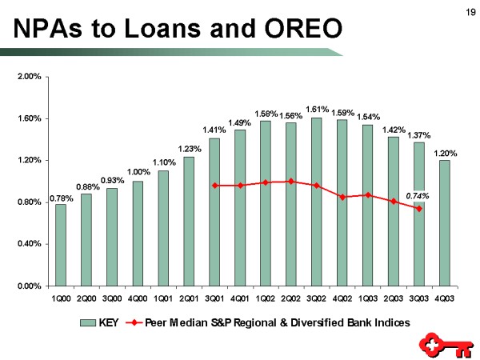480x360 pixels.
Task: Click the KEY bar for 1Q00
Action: click(x=61, y=245)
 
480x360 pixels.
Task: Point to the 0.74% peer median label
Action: click(x=418, y=194)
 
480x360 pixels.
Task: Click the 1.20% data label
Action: click(x=446, y=152)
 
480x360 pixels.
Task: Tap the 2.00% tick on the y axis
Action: click(x=29, y=78)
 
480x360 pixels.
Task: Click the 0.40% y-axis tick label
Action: click(x=29, y=244)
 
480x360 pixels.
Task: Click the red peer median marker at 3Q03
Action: click(x=418, y=209)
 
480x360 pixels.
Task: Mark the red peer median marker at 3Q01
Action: click(x=214, y=186)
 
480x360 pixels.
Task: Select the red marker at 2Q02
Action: click(x=291, y=181)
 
